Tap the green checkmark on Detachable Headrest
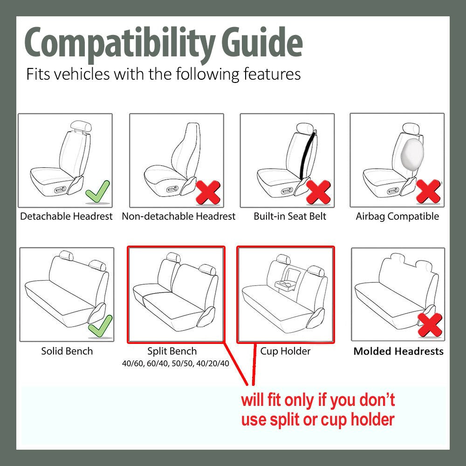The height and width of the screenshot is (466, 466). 98,192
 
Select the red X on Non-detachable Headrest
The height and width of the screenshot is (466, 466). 208,192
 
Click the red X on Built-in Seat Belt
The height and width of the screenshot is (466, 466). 318,192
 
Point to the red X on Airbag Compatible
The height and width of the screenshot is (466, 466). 428,192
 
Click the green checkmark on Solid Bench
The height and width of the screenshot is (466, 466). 100,326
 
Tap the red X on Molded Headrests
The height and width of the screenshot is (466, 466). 430,325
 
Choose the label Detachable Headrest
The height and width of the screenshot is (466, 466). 66,216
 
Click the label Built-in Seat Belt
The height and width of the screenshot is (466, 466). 290,216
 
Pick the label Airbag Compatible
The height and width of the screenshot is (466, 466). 397,216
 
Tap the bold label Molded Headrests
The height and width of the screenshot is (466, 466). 398,351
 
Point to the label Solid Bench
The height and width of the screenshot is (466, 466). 67,351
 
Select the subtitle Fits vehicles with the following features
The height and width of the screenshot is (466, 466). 163,74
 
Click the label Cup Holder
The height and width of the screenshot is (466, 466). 285,351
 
